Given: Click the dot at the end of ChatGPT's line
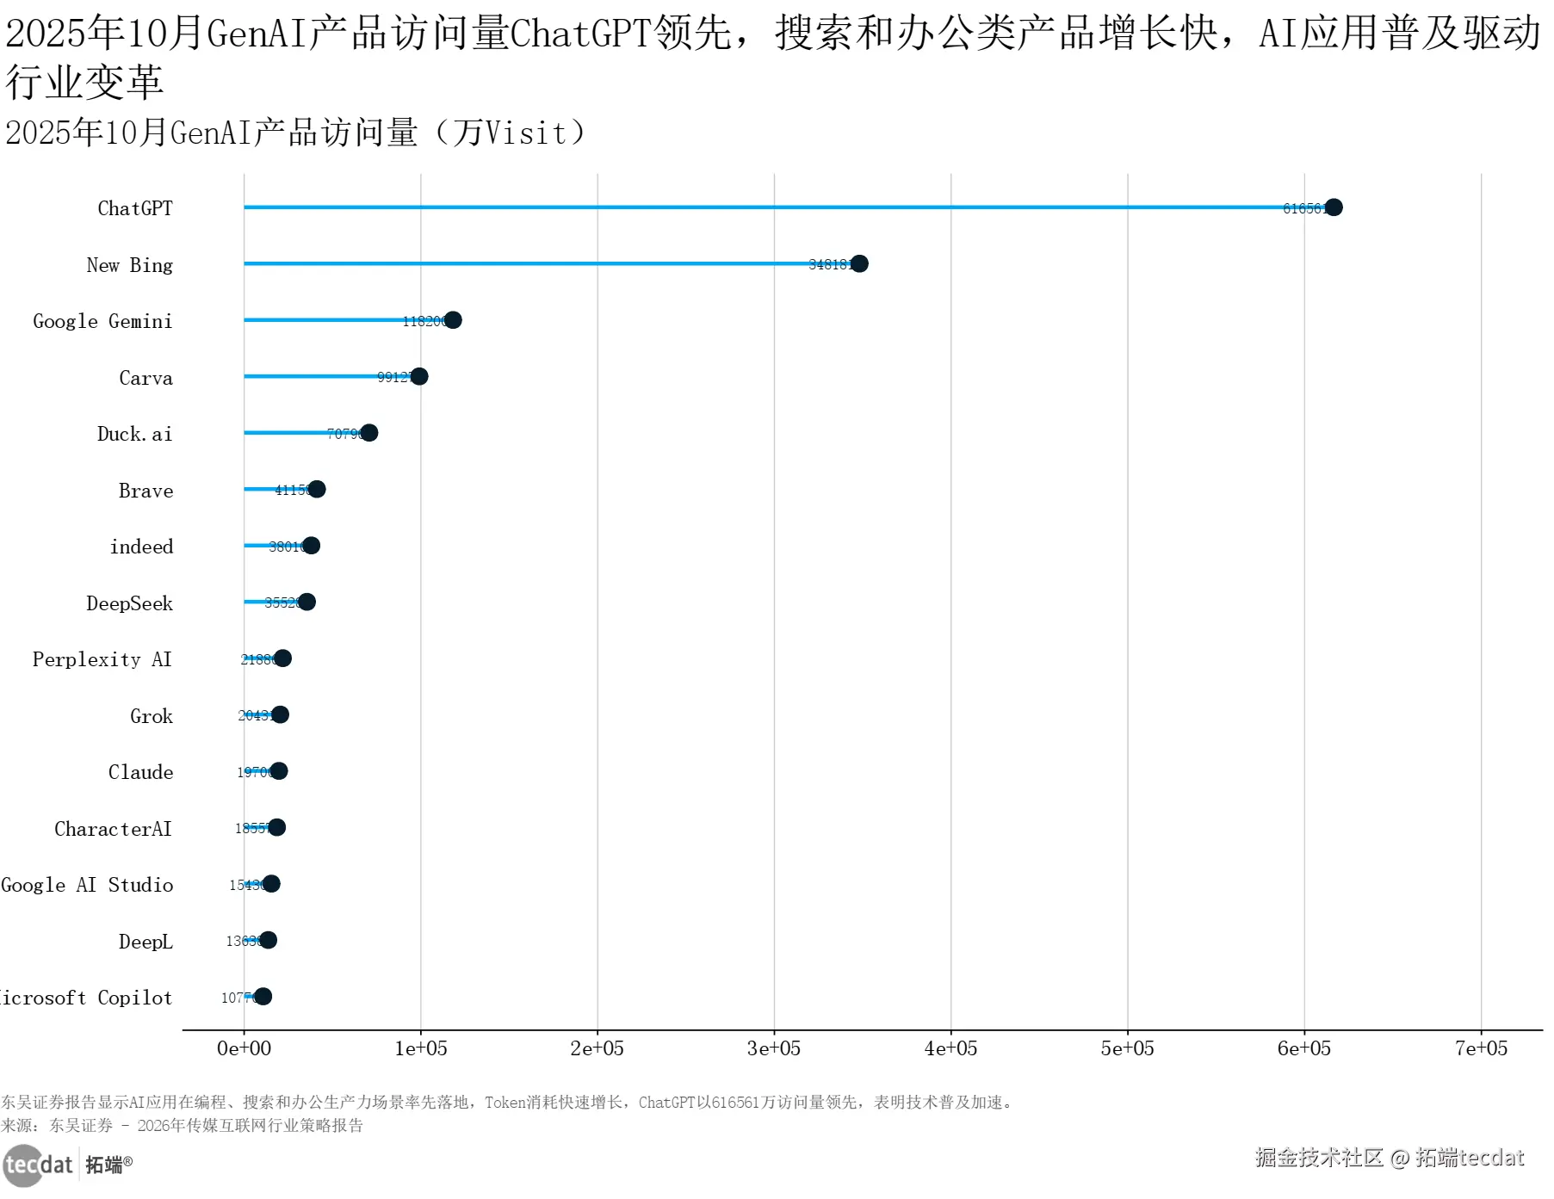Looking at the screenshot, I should tap(1334, 207).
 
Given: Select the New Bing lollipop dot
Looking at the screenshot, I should tap(859, 263).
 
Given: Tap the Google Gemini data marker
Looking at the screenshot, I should tap(453, 320).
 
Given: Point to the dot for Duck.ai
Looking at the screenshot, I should tap(369, 433).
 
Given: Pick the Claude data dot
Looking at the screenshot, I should tap(279, 771).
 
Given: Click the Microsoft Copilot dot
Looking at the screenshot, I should tap(263, 997).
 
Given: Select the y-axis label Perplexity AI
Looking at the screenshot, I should tap(102, 659).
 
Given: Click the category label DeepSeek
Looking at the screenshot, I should tap(129, 603).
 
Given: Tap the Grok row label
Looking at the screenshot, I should tap(152, 716).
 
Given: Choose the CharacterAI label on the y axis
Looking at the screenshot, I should tap(113, 829).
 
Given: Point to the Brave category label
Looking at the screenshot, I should tap(145, 491).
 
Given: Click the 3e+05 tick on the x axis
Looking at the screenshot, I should tap(774, 1048).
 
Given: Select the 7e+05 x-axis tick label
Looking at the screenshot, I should tap(1481, 1048).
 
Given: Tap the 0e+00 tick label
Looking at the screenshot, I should tap(244, 1048).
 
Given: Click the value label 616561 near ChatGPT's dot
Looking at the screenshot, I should tap(1303, 208).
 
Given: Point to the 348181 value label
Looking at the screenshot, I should tap(829, 264).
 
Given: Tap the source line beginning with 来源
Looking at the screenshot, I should tap(182, 1125).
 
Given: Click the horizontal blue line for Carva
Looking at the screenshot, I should tap(310, 376).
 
